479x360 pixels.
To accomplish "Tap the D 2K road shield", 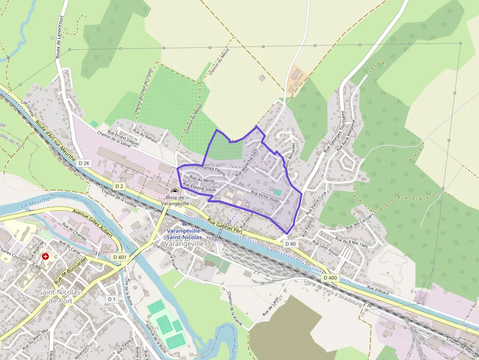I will click(84, 163).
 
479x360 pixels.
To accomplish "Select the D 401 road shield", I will click(120, 257).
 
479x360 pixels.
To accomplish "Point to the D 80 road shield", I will click(290, 243).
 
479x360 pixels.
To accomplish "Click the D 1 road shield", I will click(112, 299).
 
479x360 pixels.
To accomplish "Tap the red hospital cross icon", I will click(46, 256).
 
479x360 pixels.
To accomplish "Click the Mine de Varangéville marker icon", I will click(175, 191).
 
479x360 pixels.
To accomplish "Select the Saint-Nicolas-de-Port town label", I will click(55, 296).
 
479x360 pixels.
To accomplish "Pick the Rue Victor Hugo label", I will click(265, 197).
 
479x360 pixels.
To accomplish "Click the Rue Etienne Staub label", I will click(199, 187).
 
